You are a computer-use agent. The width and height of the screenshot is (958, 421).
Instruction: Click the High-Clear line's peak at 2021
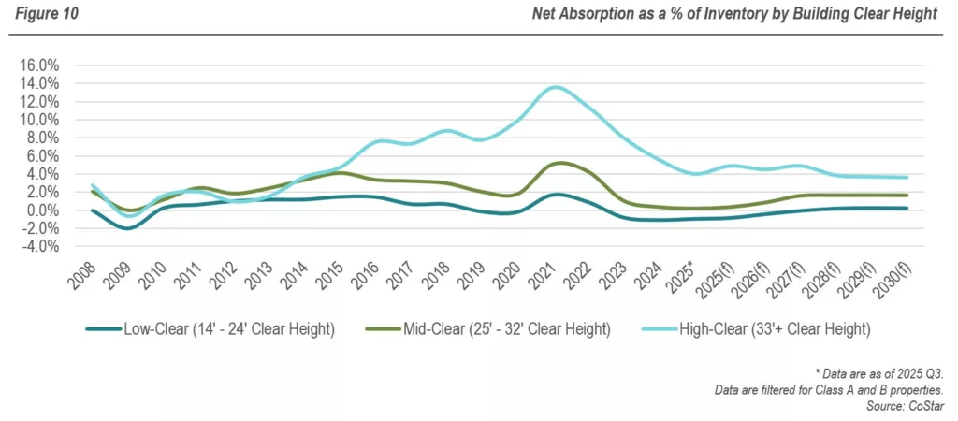click(x=557, y=87)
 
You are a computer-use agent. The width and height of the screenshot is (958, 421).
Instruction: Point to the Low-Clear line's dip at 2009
click(x=128, y=228)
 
